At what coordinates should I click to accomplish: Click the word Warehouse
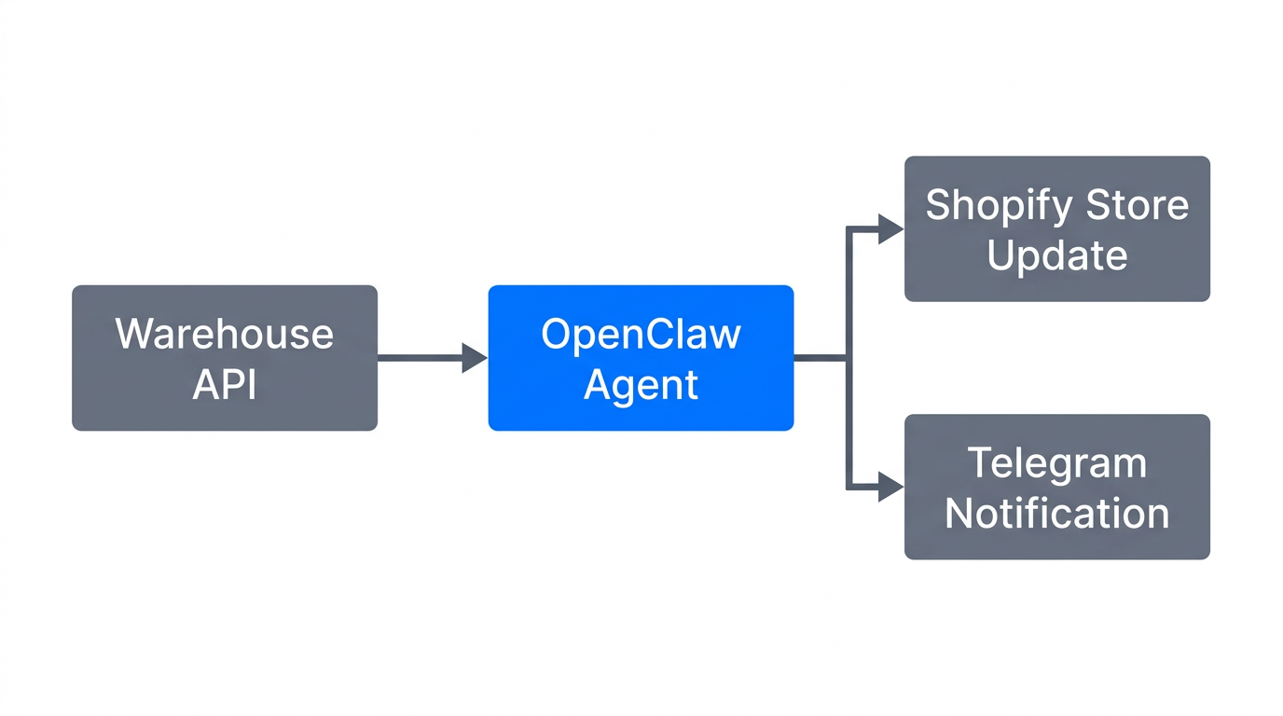click(x=224, y=334)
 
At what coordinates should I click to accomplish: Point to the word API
click(x=224, y=384)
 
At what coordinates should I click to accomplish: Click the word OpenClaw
click(x=641, y=334)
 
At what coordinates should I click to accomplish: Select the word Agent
click(x=641, y=384)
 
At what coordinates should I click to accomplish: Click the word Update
click(x=1057, y=255)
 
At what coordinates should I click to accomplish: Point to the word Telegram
click(x=1057, y=463)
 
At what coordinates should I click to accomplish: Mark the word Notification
click(x=1057, y=514)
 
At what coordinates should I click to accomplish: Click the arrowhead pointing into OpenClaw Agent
click(x=476, y=357)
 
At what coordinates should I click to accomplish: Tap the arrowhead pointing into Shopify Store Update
click(x=890, y=228)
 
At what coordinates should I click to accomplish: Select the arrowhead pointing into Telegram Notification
click(x=890, y=487)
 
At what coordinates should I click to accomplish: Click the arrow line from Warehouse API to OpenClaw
click(x=420, y=357)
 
